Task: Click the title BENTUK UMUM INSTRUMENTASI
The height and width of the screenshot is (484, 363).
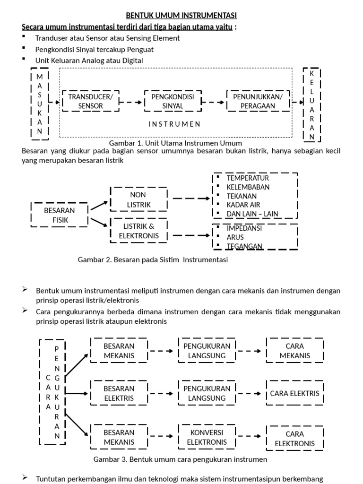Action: point(181,16)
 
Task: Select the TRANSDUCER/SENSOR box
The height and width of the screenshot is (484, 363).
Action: point(90,102)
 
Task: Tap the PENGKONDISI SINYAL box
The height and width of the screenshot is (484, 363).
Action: point(173,102)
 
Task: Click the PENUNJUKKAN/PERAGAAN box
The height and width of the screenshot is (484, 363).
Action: point(258,102)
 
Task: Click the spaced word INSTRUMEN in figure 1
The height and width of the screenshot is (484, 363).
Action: point(174,124)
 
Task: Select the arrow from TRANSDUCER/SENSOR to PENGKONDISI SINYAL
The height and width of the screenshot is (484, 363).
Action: point(131,102)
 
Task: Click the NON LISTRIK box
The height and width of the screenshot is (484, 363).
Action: point(138,199)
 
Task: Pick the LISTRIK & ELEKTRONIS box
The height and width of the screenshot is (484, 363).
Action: point(138,231)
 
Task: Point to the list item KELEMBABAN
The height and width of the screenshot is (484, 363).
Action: point(248,187)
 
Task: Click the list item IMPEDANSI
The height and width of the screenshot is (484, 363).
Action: point(244,228)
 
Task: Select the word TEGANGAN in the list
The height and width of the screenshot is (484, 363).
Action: point(244,246)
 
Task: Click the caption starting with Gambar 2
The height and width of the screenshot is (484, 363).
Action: point(152,260)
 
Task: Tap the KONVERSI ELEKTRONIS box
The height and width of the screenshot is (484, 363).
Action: point(207,437)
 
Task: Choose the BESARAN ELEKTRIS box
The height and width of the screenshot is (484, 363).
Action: point(119,393)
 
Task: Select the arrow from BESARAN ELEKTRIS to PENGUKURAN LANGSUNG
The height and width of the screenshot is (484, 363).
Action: point(163,393)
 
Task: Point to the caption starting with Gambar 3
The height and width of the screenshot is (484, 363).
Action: point(180,459)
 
